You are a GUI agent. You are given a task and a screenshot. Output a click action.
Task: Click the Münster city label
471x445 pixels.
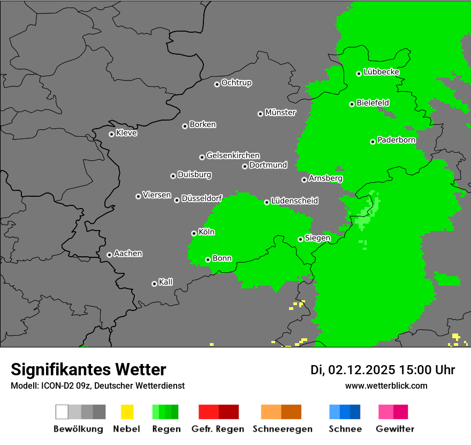[280, 113]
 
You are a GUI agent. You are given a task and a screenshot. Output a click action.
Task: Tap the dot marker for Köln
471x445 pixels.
[194, 233]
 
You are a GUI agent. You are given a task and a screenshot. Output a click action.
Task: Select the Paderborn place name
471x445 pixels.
[397, 140]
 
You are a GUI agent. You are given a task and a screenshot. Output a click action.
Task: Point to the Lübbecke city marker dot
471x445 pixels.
[359, 73]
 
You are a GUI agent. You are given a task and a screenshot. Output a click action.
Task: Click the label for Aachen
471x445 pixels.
[128, 254]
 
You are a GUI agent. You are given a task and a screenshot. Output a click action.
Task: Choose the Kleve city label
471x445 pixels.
[126, 133]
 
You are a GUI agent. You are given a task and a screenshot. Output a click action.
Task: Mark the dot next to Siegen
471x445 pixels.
[300, 239]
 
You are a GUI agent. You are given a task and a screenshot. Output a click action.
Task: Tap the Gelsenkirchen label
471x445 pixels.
[233, 155]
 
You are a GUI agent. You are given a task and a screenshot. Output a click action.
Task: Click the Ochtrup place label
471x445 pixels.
[237, 83]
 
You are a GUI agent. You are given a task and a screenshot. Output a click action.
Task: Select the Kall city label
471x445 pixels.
[165, 282]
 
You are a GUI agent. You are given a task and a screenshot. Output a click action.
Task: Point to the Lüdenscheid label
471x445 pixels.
[294, 201]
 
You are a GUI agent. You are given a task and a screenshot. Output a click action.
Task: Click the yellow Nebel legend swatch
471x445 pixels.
[127, 412]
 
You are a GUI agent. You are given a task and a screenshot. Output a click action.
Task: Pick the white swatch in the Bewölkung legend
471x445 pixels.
[62, 412]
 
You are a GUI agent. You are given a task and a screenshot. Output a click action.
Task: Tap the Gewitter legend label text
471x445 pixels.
[395, 429]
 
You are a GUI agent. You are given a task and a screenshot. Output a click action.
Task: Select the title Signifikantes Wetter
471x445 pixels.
[88, 369]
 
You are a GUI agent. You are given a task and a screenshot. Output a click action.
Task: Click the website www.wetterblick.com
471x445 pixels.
[386, 385]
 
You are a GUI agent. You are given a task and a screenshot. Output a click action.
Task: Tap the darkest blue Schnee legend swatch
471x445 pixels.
[355, 412]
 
